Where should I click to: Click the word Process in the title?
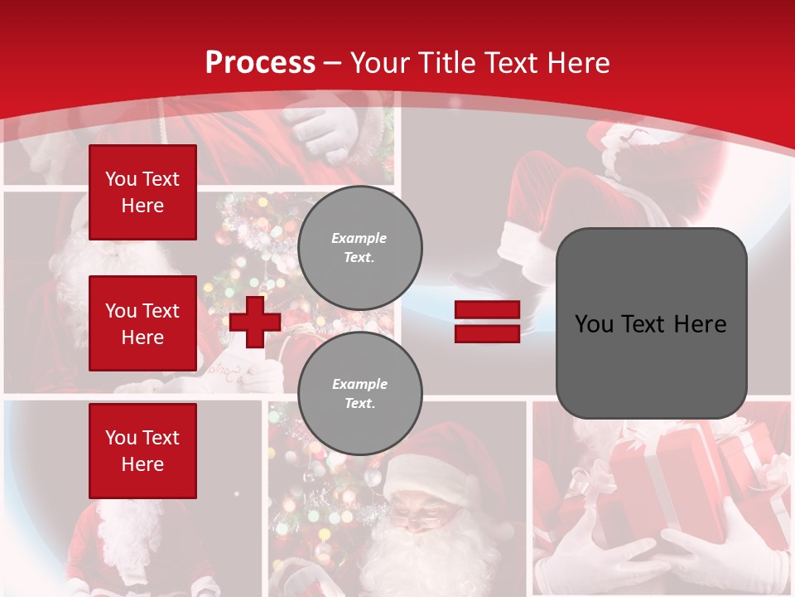260,62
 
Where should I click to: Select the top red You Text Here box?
142,192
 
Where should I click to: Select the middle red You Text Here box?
142,323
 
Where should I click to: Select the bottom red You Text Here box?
142,450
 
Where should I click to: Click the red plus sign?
255,322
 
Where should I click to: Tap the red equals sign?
487,322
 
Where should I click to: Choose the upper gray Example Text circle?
359,247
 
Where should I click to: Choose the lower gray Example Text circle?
359,393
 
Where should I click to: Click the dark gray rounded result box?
651,323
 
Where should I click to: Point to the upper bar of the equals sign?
487,310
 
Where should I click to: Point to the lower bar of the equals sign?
487,333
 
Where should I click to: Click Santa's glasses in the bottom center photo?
421,520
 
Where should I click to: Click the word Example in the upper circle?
359,238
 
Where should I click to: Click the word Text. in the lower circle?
359,403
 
